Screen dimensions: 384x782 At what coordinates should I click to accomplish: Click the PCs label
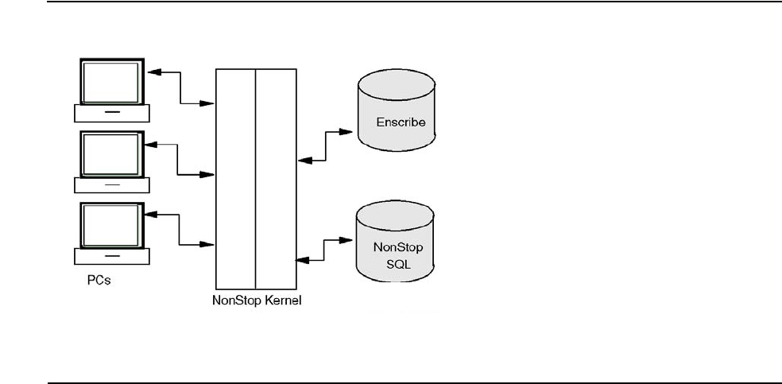(x=99, y=281)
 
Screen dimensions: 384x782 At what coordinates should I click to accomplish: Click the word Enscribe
(x=401, y=122)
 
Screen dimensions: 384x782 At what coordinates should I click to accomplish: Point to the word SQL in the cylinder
(x=397, y=262)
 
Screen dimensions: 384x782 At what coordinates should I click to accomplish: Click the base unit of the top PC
(x=111, y=113)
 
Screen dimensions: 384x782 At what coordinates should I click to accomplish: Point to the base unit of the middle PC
(x=111, y=184)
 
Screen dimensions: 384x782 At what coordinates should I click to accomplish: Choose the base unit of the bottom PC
(x=111, y=256)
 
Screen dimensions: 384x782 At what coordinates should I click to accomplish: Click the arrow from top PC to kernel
(x=181, y=87)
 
